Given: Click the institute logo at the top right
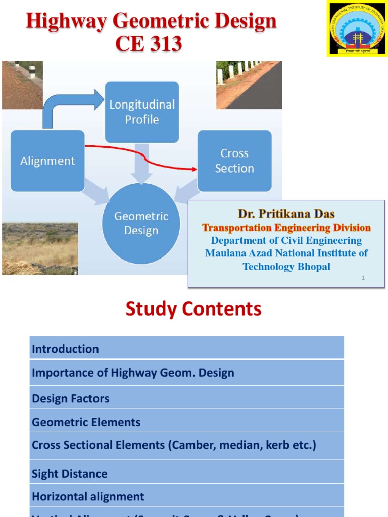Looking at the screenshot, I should click(357, 28).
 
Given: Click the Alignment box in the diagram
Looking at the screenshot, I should click(47, 161).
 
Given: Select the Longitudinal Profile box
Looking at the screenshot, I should click(141, 112).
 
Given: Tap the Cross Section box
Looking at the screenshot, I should click(234, 161).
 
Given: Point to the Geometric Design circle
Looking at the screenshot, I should click(141, 223).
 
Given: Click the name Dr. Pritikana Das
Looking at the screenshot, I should click(286, 214).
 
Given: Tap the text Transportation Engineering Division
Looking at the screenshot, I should click(286, 228).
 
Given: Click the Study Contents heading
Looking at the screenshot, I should click(193, 308).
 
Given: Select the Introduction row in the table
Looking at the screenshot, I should click(186, 349).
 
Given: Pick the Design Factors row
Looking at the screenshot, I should click(186, 398).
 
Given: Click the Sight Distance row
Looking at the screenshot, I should click(186, 473).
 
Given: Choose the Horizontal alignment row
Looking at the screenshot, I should click(186, 496).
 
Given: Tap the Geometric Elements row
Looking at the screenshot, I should click(186, 422).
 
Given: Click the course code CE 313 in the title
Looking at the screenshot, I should click(149, 44).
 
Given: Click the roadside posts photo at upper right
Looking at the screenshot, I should click(249, 85).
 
